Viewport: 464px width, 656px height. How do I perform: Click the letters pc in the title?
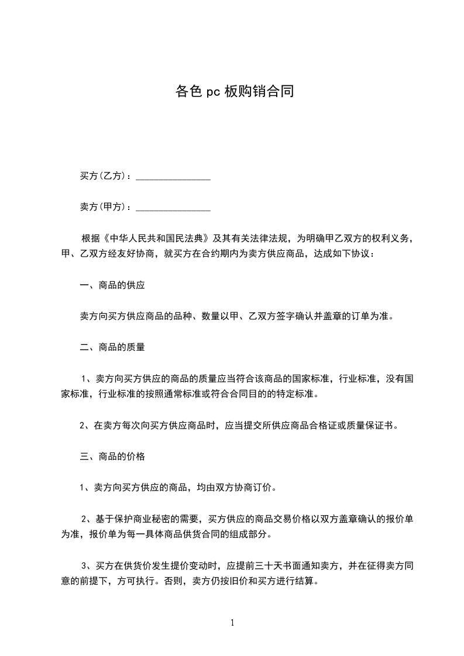(x=212, y=92)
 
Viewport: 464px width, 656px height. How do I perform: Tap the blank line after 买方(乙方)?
(x=173, y=176)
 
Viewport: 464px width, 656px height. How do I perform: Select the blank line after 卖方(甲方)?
(x=173, y=207)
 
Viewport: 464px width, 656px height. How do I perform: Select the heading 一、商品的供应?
(x=112, y=286)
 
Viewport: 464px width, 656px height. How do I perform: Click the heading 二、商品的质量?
(x=112, y=347)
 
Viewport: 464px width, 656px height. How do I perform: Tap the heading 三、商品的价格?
(x=112, y=457)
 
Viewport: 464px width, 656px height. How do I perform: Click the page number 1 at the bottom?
(x=232, y=623)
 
